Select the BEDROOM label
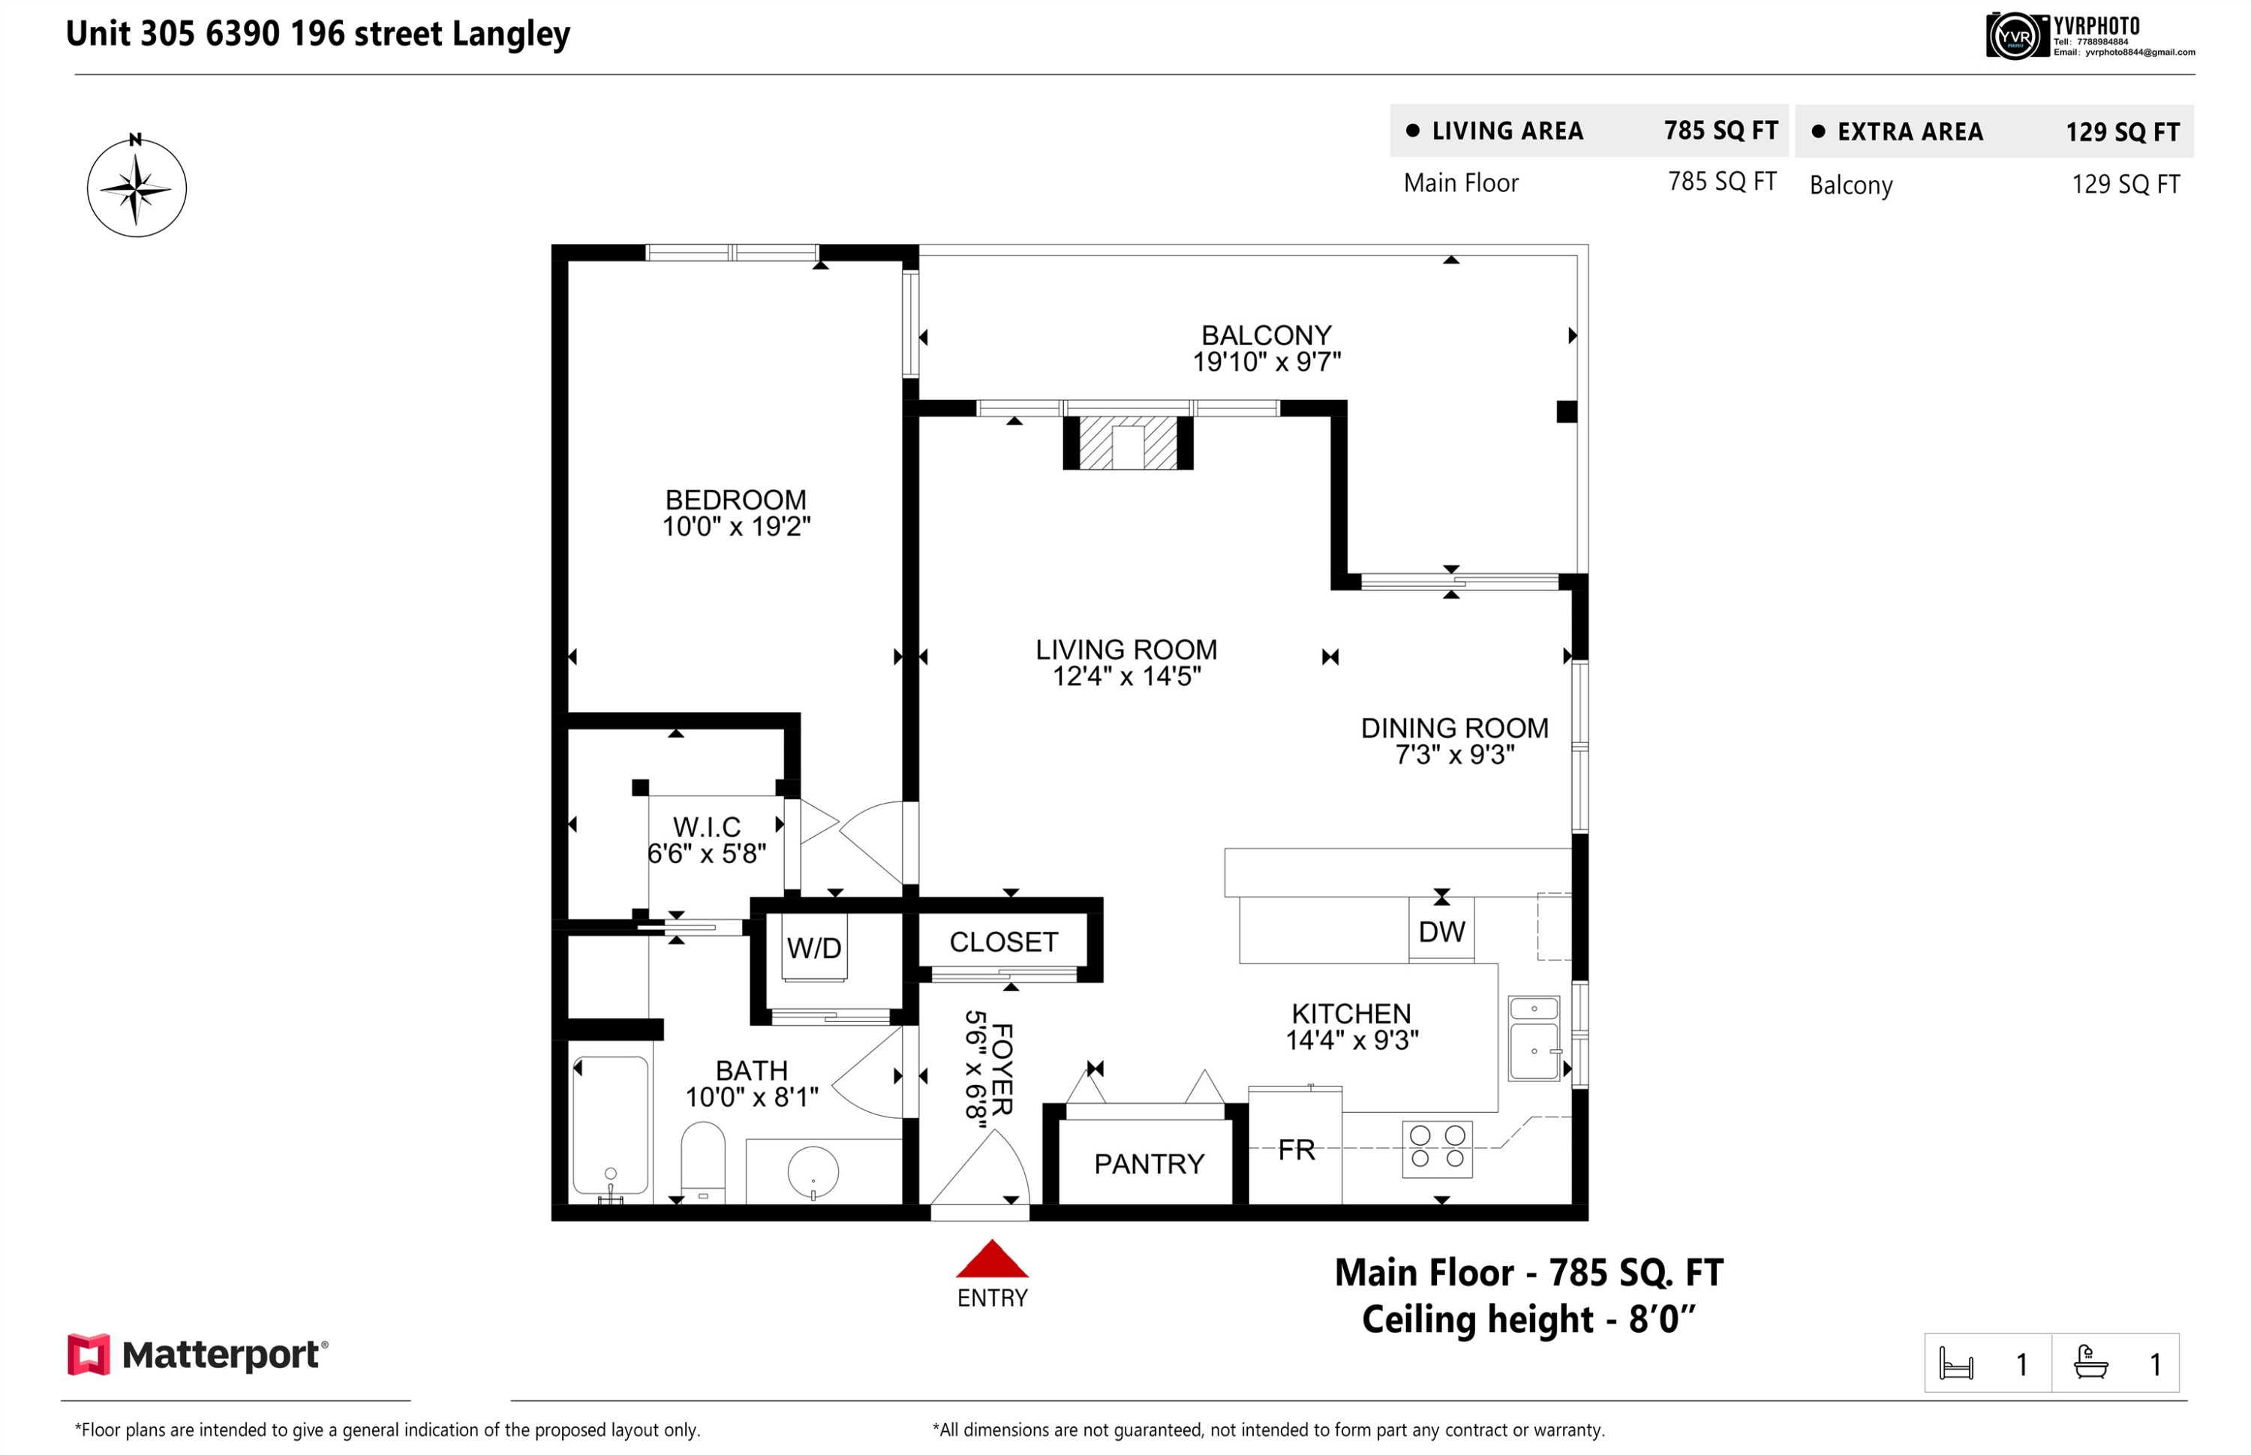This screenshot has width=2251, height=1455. (x=736, y=499)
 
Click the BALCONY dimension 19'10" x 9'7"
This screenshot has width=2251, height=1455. (x=1266, y=361)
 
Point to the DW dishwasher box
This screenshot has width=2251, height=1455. (x=1441, y=930)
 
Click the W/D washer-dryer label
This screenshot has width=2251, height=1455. (x=813, y=948)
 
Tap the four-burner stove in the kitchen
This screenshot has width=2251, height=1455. (x=1437, y=1147)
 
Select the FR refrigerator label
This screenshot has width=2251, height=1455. (x=1296, y=1150)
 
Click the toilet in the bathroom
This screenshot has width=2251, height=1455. (x=703, y=1161)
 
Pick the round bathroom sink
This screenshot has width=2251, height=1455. (x=813, y=1171)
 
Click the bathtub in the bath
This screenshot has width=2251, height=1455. (x=610, y=1127)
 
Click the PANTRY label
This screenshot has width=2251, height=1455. (x=1149, y=1164)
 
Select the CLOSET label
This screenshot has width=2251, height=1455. (x=1003, y=942)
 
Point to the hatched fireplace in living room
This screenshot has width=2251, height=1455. (x=1128, y=442)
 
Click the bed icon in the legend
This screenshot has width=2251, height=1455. (x=1955, y=1363)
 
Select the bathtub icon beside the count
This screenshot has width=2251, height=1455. (x=2090, y=1363)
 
